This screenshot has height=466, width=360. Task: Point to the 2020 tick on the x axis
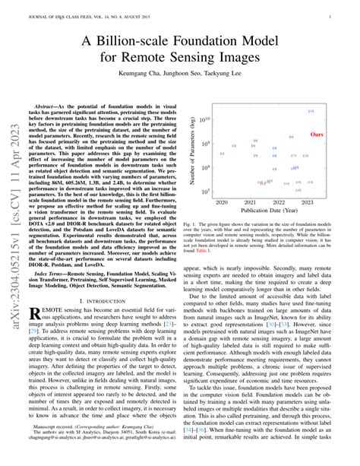click(x=222, y=203)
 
